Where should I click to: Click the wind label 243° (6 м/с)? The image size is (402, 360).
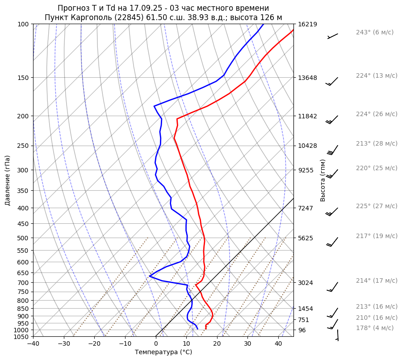[x=374, y=33]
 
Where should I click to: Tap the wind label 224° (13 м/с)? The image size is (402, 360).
[x=377, y=76]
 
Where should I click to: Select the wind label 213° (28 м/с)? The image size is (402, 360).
[x=377, y=144]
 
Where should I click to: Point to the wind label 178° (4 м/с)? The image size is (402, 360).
[x=375, y=328]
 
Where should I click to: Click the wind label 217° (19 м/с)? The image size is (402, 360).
[x=377, y=236]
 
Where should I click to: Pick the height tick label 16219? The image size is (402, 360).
[x=307, y=24]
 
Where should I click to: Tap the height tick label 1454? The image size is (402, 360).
[x=306, y=309]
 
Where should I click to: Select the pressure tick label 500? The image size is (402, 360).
[x=23, y=238]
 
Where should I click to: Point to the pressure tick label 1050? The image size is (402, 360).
[x=21, y=337]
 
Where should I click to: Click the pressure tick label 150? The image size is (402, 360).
[x=23, y=78]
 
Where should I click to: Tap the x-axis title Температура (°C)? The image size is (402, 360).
[x=163, y=352]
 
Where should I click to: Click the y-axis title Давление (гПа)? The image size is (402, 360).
[x=8, y=180]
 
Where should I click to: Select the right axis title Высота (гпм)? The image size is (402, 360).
[x=323, y=180]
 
